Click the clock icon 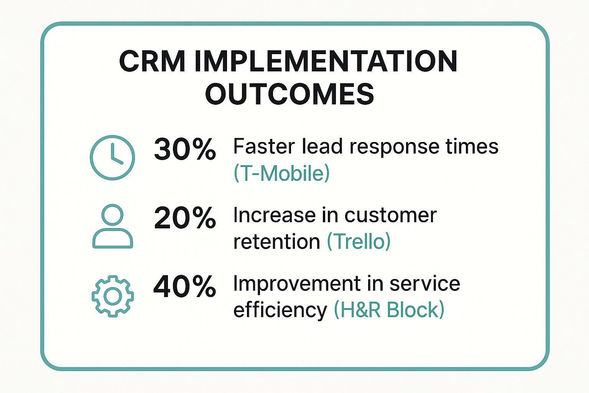[x=112, y=157]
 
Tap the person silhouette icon [x=113, y=226]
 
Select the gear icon [x=113, y=296]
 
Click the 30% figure [x=185, y=149]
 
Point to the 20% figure [x=185, y=218]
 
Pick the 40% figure [x=185, y=286]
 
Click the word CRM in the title [x=152, y=61]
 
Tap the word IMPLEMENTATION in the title [x=326, y=61]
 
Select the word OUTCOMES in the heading [x=290, y=94]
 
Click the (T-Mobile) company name [x=282, y=173]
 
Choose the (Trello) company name [x=359, y=242]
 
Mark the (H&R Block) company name [x=389, y=310]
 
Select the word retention [x=276, y=242]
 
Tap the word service [x=425, y=284]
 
